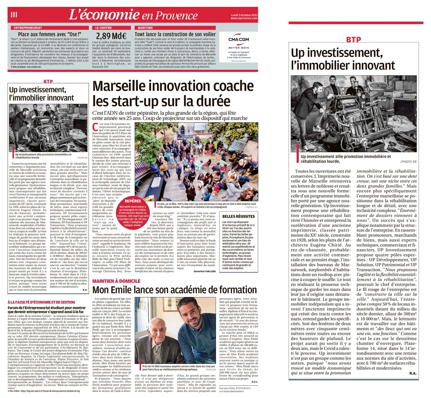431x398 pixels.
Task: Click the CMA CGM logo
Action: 238,40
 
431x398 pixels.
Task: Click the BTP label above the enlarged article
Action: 354,40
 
